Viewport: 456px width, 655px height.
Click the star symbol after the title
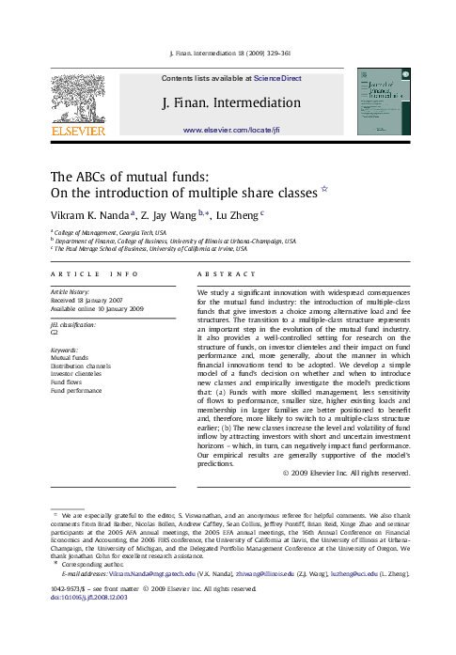pyautogui.click(x=325, y=188)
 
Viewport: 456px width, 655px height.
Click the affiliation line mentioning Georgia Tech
pyautogui.click(x=110, y=231)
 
